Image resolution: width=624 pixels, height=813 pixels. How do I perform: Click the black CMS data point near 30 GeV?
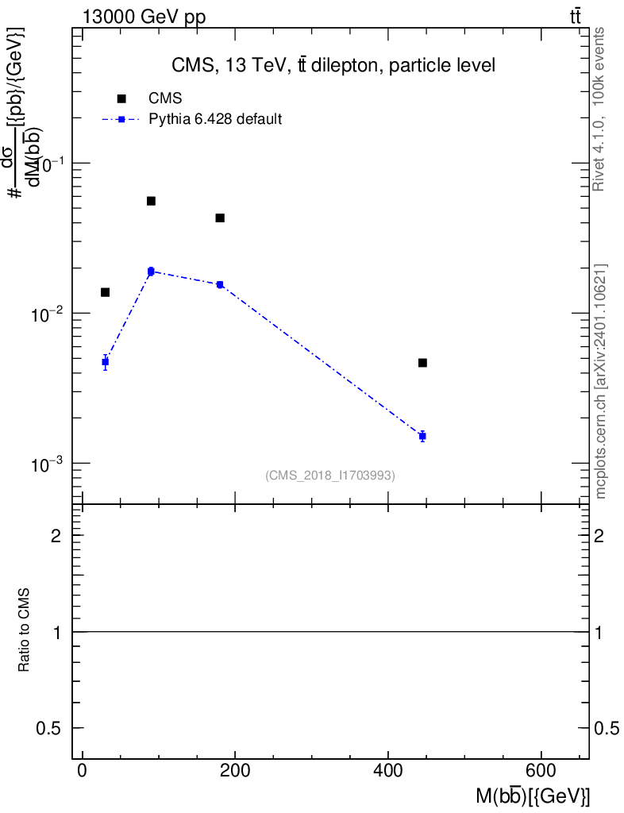pos(105,292)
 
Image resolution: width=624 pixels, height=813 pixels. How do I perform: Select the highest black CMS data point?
pos(151,201)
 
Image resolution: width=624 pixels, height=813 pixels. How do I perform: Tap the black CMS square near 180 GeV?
pos(220,218)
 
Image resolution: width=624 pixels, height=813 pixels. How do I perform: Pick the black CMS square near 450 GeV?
pos(422,363)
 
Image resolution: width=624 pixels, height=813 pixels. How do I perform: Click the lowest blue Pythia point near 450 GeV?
pos(422,436)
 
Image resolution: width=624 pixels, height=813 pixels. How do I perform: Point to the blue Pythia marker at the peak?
pos(151,272)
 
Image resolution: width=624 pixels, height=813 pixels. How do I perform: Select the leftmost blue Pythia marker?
pos(105,362)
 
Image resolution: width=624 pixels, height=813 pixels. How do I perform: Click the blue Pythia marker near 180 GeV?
pos(220,284)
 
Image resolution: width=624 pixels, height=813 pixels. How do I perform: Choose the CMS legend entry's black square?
pos(121,98)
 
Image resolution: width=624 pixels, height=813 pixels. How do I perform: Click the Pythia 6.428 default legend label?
pos(215,120)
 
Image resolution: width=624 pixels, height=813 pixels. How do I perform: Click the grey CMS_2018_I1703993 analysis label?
pos(330,475)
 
